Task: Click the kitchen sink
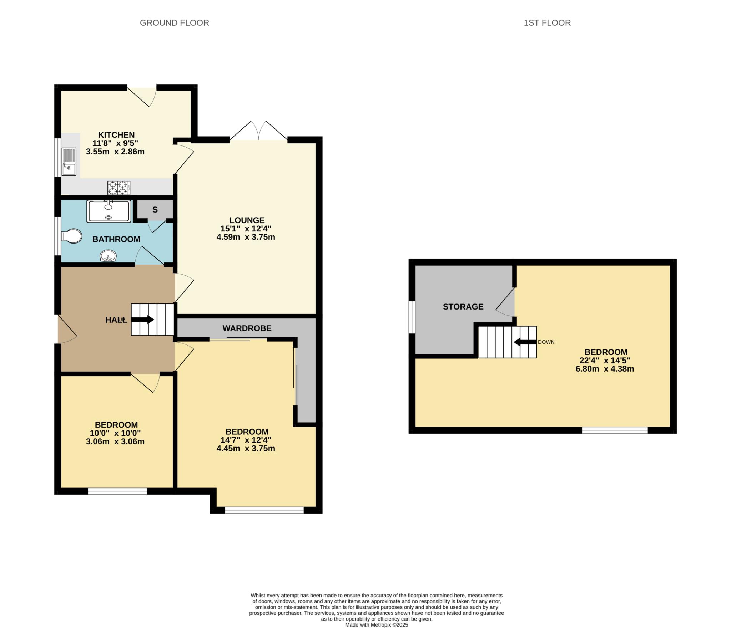(x=69, y=162)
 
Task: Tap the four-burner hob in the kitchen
(x=119, y=188)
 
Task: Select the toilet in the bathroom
(x=71, y=236)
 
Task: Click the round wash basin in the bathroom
(x=107, y=256)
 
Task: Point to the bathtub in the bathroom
(x=109, y=211)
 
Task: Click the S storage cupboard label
(x=155, y=210)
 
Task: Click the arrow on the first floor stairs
(x=525, y=342)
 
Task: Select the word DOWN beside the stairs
(x=546, y=342)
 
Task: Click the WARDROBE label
(x=247, y=328)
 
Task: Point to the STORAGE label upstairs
(x=463, y=307)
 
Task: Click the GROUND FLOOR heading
(x=174, y=23)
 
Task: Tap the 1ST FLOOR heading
(x=547, y=23)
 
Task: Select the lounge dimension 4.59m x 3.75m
(x=246, y=237)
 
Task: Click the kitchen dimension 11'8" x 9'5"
(x=115, y=143)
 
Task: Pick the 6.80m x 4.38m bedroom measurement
(x=605, y=369)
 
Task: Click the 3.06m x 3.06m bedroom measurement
(x=115, y=441)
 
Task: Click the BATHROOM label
(x=116, y=239)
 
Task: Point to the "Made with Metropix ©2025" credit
(x=377, y=625)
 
